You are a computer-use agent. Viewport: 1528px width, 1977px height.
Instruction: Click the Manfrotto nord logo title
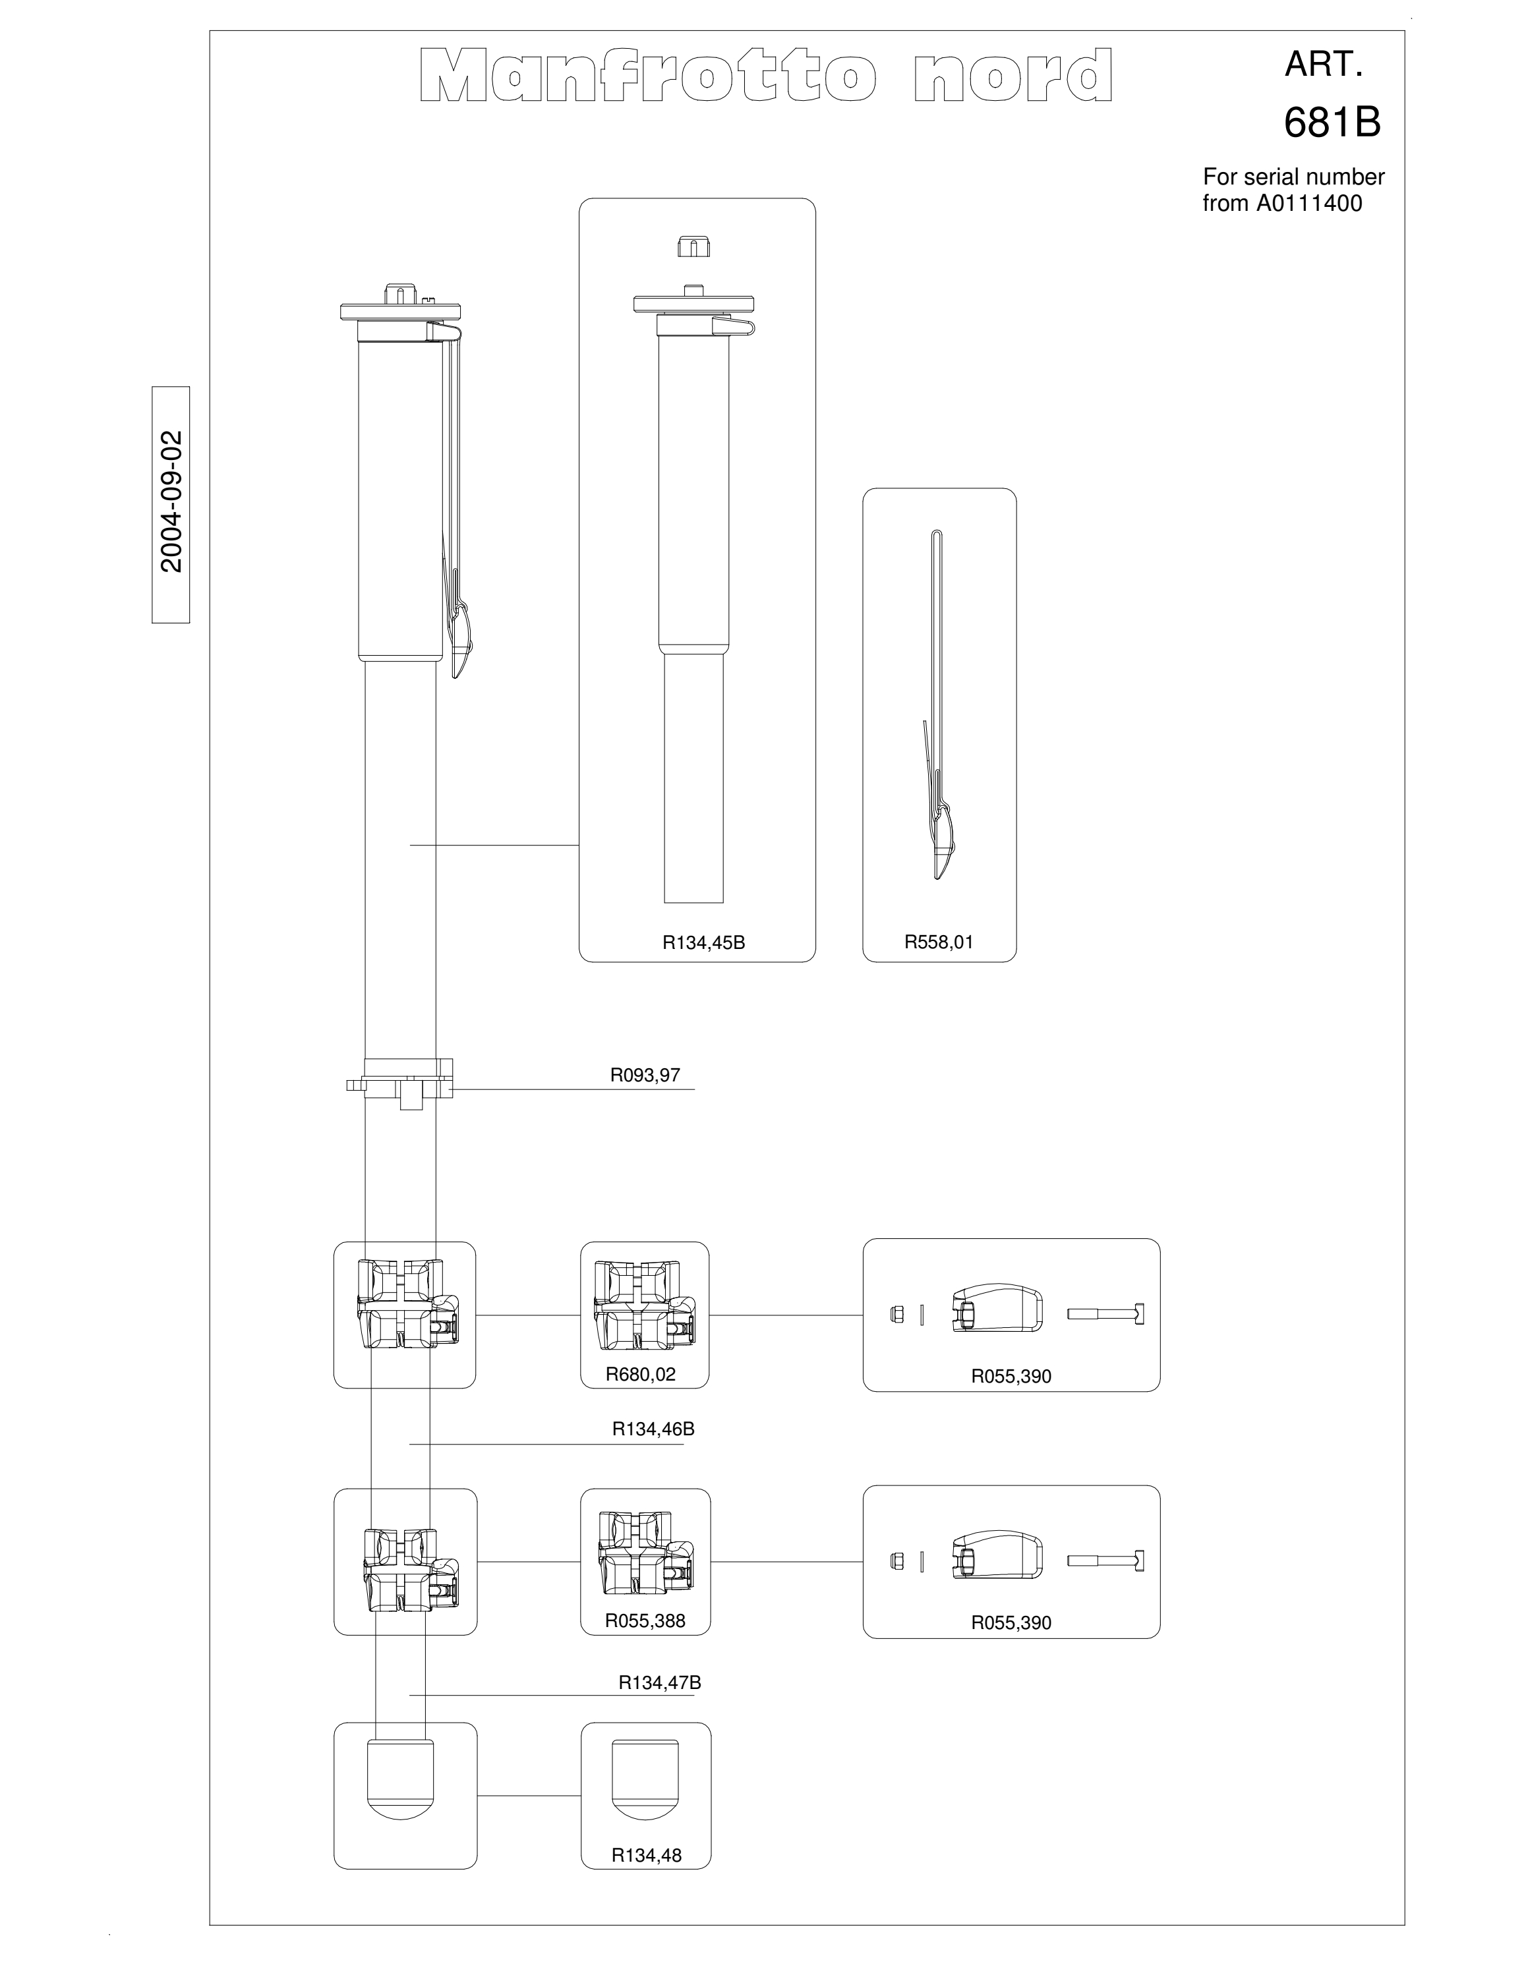(766, 76)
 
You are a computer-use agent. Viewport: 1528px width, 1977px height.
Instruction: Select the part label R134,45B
(703, 942)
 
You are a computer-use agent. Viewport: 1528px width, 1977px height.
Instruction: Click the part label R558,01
(939, 942)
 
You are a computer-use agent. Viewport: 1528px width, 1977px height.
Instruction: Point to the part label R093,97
(645, 1075)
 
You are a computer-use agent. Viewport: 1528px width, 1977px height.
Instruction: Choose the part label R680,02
(641, 1374)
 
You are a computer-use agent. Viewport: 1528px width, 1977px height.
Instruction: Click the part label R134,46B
(653, 1429)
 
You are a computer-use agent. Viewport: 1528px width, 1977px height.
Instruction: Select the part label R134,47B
(660, 1683)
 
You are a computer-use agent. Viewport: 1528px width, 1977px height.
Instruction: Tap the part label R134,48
(646, 1856)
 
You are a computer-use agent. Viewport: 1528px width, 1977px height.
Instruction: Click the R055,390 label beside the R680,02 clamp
(1011, 1377)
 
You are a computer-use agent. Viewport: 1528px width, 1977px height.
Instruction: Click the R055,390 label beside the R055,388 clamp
(1011, 1623)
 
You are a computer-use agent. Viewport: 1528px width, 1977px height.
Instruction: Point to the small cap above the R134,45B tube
(693, 246)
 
